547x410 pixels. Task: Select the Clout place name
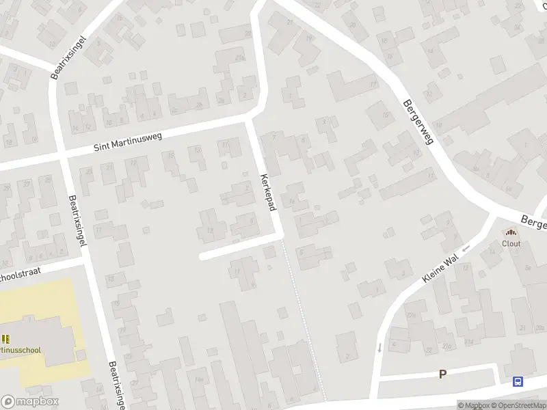[511, 243]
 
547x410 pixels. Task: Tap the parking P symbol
[442, 374]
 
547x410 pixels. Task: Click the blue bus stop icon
[518, 382]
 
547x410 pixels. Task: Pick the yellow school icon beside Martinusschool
[6, 339]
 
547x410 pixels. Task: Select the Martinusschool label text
[21, 351]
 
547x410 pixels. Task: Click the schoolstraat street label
[21, 274]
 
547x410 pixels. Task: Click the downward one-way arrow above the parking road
[379, 348]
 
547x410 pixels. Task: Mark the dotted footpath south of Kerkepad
[304, 321]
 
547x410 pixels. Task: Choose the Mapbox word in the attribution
[473, 405]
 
